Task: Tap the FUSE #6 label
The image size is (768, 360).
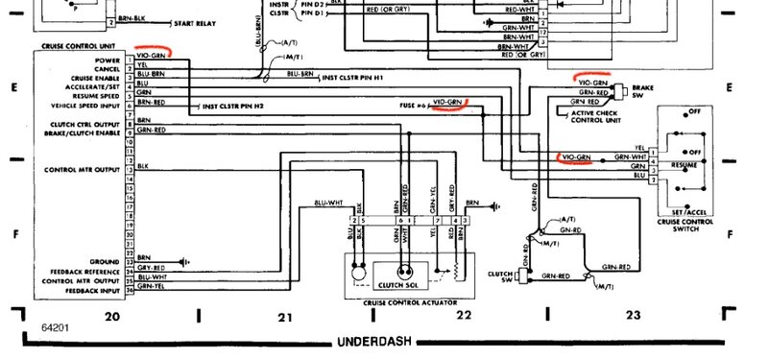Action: click(x=414, y=103)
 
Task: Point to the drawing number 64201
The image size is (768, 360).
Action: click(x=28, y=326)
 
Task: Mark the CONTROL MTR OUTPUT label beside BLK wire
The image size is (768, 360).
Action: click(x=82, y=169)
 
